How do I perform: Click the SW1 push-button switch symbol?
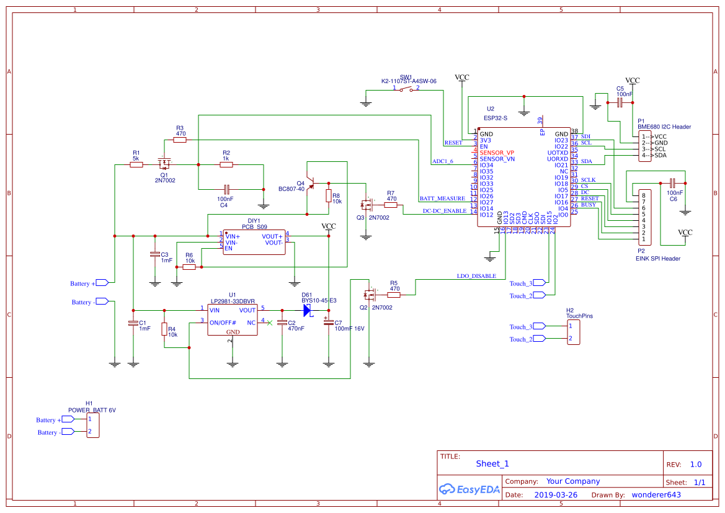pyautogui.click(x=407, y=90)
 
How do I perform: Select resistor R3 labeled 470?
pyautogui.click(x=180, y=140)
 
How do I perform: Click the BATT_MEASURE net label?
pyautogui.click(x=442, y=199)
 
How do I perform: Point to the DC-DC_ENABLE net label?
pyautogui.click(x=444, y=211)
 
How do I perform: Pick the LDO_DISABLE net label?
pyautogui.click(x=476, y=276)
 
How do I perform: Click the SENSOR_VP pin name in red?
pyautogui.click(x=496, y=153)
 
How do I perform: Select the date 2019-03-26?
pyautogui.click(x=555, y=495)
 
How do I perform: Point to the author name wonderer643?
pyautogui.click(x=656, y=495)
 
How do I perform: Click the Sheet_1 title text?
pyautogui.click(x=492, y=463)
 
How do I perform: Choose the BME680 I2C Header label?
pyautogui.click(x=664, y=127)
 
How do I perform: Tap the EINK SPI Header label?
pyautogui.click(x=657, y=259)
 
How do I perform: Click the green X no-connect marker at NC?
pyautogui.click(x=269, y=323)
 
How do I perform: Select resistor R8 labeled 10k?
pyautogui.click(x=328, y=195)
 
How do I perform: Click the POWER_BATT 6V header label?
pyautogui.click(x=92, y=410)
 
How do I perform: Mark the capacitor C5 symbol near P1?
pyautogui.click(x=620, y=102)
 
